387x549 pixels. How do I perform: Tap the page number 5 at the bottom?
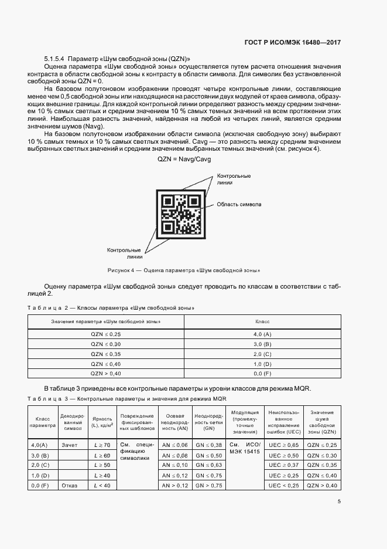[340, 501]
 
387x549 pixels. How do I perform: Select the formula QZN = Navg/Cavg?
[184, 160]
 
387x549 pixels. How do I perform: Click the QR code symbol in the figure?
[181, 214]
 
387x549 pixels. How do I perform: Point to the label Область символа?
[239, 205]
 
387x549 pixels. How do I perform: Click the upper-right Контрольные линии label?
[234, 179]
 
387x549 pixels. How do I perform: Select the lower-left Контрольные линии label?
[124, 253]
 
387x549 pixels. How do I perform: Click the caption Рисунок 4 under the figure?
[184, 270]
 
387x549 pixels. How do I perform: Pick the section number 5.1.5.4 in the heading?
[54, 59]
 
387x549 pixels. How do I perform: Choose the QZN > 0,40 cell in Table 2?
[106, 373]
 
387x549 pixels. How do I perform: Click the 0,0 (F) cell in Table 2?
[262, 373]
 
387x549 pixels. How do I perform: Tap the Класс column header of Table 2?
[262, 322]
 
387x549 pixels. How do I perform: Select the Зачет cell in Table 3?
[70, 445]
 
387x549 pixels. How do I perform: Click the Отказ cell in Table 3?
[70, 486]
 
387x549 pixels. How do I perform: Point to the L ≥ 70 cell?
[102, 445]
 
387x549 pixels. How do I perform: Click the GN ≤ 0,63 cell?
[208, 465]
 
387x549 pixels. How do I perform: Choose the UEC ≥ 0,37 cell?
[284, 465]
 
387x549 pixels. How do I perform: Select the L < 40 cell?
[102, 486]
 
